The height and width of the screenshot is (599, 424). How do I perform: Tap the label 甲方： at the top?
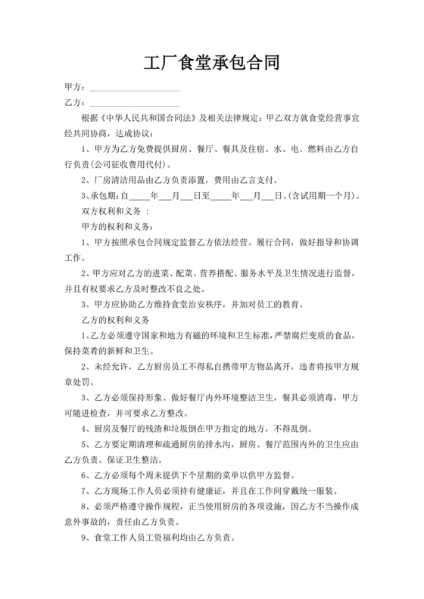76,88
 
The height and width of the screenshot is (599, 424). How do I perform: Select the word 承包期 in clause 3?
104,195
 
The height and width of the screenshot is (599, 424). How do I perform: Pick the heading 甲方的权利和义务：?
114,227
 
